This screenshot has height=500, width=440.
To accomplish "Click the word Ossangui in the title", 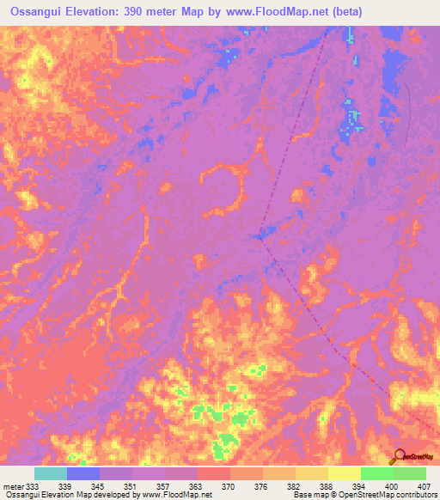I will point(39,12).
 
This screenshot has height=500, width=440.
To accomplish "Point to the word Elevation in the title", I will point(101,12).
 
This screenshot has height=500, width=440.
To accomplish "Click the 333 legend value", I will point(33,486).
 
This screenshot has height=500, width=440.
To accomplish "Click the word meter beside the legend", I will point(13,486).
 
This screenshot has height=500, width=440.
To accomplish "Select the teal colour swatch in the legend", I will point(51,473).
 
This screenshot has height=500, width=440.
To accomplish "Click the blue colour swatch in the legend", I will point(83,473).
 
